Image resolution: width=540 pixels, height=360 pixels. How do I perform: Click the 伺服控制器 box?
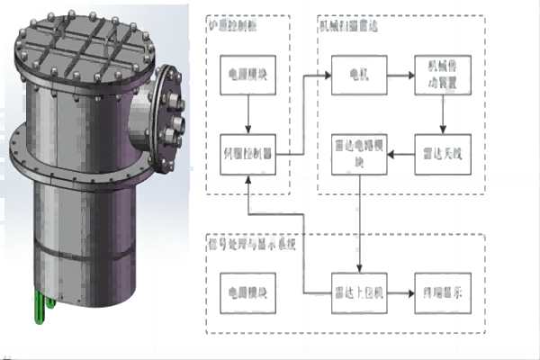click(248, 154)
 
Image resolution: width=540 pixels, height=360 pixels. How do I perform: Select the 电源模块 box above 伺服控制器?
click(248, 75)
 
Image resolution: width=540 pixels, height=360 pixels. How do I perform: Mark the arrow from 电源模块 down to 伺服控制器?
click(248, 114)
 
